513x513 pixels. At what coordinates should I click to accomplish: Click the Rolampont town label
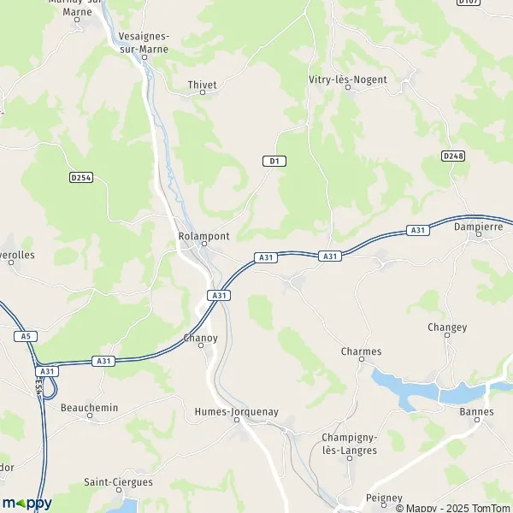point(203,235)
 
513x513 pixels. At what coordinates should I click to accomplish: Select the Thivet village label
point(203,85)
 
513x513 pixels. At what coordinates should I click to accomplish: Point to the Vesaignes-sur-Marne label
point(144,43)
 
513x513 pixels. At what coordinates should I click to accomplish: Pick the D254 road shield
point(81,177)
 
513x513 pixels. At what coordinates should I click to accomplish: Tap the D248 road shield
point(453,156)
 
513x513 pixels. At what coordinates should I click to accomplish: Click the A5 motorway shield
point(26,336)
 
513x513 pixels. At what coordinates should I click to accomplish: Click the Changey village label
point(447,327)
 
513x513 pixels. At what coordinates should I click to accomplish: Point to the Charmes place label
point(361,351)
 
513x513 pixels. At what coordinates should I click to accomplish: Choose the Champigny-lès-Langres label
point(351,444)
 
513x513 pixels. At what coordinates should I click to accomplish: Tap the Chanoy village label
point(201,338)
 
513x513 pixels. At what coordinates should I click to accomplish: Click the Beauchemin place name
point(89,408)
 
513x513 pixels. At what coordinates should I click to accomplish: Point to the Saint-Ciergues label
point(118,482)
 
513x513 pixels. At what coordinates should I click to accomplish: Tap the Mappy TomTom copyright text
point(452,507)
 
